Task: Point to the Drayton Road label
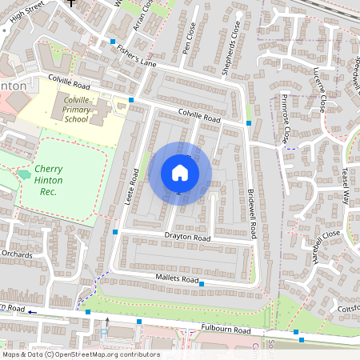tap(187, 238)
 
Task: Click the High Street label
tap(24, 7)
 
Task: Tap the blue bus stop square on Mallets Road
tap(202, 284)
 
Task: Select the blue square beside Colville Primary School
tap(130, 99)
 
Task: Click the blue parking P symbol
tap(103, 334)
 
